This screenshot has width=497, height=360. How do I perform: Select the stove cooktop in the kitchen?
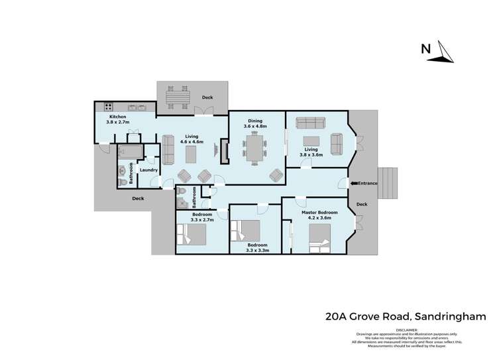click(107, 107)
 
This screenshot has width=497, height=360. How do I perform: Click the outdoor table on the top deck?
click(177, 97)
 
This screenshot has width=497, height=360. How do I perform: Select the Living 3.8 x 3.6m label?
click(311, 152)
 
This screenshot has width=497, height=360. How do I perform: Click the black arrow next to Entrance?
click(353, 183)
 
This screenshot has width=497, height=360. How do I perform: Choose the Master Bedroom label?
click(319, 215)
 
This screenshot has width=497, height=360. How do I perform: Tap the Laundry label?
click(148, 170)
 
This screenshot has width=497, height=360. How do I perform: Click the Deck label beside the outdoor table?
click(207, 98)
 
